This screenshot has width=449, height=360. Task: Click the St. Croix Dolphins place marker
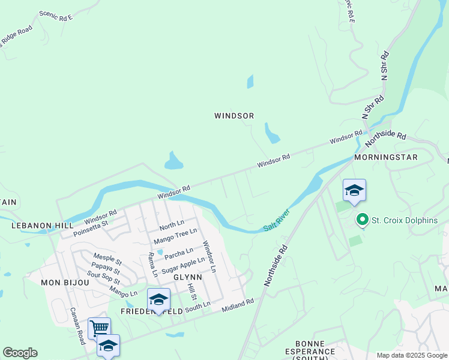point(362,220)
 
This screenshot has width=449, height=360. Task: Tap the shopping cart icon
point(99,328)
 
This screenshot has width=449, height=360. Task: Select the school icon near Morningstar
point(354,191)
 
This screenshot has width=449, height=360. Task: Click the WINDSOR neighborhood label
point(234,116)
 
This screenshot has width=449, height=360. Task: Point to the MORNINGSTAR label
point(385,157)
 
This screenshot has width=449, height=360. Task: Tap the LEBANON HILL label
point(34,226)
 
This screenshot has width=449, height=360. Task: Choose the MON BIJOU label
point(61,282)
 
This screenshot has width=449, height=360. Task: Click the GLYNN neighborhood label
point(184,278)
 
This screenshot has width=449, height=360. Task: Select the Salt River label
point(277,221)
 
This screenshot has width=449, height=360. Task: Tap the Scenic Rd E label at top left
point(55,16)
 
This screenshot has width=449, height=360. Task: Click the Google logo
point(20,353)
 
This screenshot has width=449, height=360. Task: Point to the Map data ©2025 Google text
point(411,355)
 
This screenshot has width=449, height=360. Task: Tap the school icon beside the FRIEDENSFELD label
point(158,299)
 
